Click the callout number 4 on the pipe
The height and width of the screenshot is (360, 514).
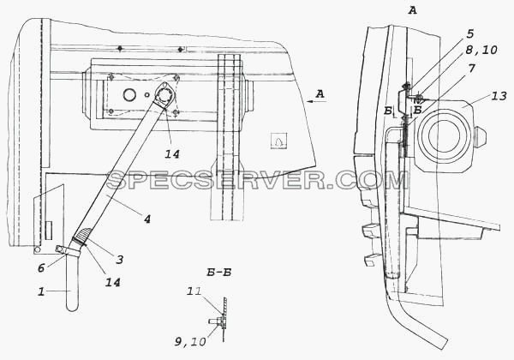click(x=146, y=219)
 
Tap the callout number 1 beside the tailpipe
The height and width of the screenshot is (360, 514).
click(x=41, y=291)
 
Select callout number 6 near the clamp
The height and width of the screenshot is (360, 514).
click(x=41, y=268)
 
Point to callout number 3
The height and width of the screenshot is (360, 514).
click(x=120, y=260)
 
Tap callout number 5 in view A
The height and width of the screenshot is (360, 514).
click(x=469, y=34)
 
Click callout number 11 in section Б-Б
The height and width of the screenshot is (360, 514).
click(x=194, y=291)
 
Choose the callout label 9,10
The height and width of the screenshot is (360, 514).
click(x=190, y=341)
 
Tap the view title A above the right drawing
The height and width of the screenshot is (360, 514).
click(x=412, y=11)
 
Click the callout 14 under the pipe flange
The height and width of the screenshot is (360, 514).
click(x=172, y=153)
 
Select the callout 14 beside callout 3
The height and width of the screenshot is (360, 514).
click(x=112, y=282)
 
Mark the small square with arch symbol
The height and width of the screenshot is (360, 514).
click(x=278, y=141)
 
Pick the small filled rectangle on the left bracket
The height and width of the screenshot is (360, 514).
click(x=48, y=230)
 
